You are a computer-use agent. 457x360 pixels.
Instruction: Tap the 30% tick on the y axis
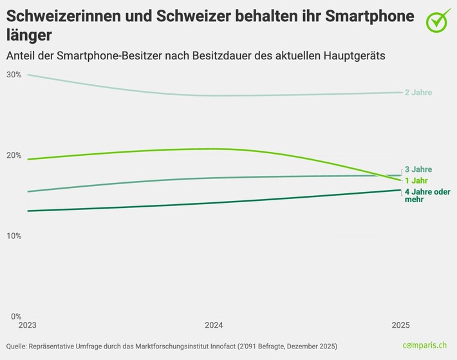point(14,75)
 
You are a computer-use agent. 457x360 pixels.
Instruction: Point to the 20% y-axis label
point(14,155)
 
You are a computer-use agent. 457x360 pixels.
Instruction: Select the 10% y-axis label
point(14,236)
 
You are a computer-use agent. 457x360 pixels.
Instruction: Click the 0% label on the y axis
point(14,316)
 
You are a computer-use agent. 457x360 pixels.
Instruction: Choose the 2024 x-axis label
point(214,325)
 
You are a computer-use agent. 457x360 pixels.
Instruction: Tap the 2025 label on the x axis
point(400,325)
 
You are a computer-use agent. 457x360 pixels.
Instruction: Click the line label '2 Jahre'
point(418,93)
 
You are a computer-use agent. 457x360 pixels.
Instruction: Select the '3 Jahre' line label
point(418,169)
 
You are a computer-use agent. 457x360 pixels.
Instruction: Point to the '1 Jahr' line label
point(416,181)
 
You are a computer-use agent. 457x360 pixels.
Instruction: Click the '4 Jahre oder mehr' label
point(427,196)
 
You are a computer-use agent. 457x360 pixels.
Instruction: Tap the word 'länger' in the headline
point(30,34)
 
